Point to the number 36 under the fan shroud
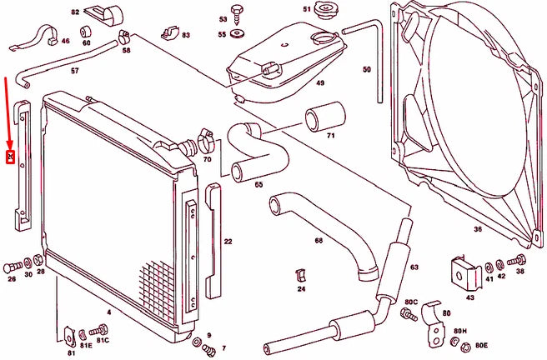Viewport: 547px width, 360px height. [x=478, y=229]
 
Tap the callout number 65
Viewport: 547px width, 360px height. [x=258, y=184]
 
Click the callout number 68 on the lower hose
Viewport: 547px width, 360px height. [x=319, y=240]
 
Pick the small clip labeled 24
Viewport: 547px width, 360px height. [x=302, y=275]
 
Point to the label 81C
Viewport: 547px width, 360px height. [x=103, y=341]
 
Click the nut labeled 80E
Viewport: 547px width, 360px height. [x=457, y=342]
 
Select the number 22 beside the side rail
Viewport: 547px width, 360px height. [x=228, y=242]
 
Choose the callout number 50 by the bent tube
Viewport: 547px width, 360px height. [x=366, y=70]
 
